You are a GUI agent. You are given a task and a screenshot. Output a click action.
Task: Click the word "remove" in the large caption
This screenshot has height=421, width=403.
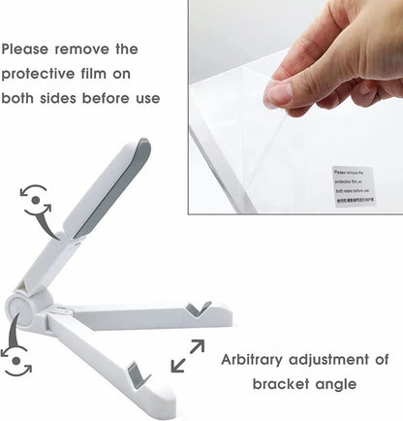click(106, 49)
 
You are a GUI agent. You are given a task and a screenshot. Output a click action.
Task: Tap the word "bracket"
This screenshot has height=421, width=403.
click(283, 384)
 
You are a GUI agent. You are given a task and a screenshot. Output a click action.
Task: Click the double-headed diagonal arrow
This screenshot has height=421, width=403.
click(187, 355)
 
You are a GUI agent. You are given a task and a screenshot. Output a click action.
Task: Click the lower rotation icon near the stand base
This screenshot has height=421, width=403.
click(17, 359)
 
